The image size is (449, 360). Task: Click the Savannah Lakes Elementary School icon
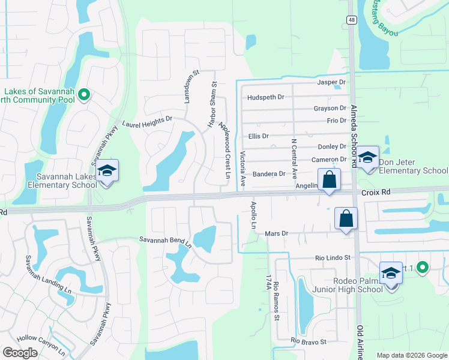pos(107,172)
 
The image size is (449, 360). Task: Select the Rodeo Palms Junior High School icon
pos(391,274)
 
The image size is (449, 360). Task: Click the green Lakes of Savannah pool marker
pos(85,94)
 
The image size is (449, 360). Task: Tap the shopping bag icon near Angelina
pos(330,179)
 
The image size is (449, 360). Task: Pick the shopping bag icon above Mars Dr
pos(346,219)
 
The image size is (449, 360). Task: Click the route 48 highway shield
pos(350,20)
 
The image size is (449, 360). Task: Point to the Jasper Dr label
pos(332,82)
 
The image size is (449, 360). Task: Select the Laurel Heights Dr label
pos(147,122)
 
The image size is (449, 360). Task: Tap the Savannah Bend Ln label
pos(165,241)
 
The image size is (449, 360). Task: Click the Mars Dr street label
pos(277,233)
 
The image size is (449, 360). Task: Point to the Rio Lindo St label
pos(333,258)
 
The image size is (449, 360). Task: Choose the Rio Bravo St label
pos(308,342)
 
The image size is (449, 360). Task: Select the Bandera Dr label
pos(268,174)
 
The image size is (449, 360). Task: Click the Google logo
pos(20,353)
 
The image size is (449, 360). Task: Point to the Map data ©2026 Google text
pos(412,355)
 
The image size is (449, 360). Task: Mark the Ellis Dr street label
pos(258,137)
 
